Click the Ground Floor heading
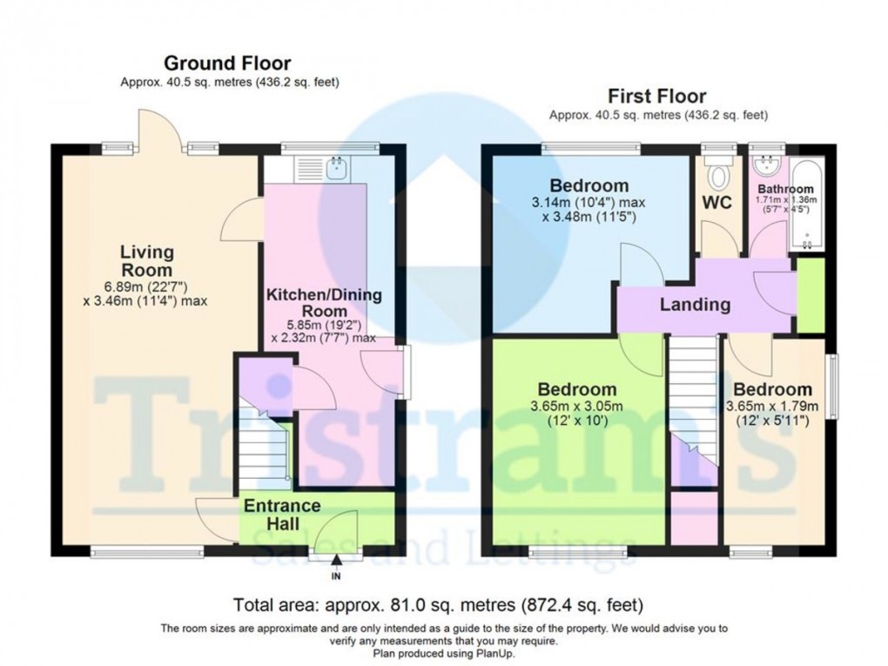point(227,63)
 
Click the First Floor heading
point(657,96)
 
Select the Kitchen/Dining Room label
point(324,303)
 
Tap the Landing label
point(695,305)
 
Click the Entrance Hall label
point(281,515)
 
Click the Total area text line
point(439,604)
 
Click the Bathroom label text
point(785,189)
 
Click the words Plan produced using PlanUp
point(444,652)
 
